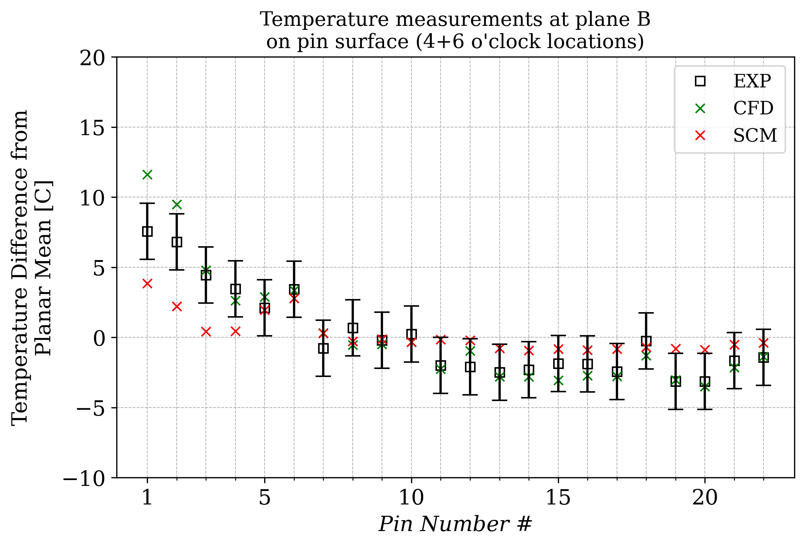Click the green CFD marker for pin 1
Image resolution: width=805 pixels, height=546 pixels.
147,175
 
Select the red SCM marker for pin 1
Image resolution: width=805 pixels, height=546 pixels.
147,283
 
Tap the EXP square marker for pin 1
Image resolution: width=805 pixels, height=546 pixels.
147,231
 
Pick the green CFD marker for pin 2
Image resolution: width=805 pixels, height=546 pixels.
177,204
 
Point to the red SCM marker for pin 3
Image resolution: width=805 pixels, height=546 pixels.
206,332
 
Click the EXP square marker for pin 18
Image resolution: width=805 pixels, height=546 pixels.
646,341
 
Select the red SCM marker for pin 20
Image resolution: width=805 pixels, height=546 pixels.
705,350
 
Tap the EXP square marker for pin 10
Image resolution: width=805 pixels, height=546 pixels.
411,334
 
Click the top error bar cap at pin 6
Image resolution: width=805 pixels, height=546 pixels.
294,261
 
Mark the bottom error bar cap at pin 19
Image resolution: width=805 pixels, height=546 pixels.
676,409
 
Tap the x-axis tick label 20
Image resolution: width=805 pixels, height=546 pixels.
705,498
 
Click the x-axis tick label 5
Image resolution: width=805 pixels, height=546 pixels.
265,498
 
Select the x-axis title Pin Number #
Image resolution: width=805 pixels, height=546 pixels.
455,525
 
